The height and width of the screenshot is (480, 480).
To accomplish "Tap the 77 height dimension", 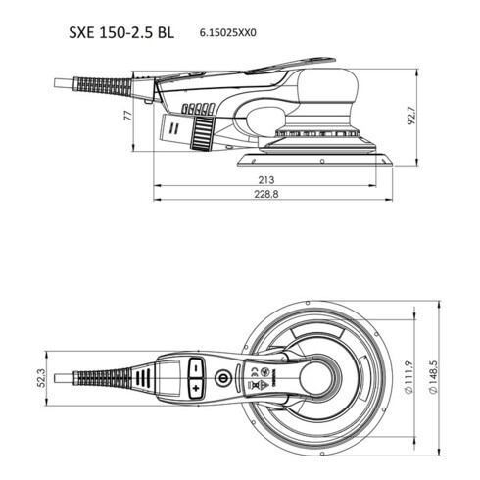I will [x=128, y=116].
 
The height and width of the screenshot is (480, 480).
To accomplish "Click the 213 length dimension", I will [x=264, y=181].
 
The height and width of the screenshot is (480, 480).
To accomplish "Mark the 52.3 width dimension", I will [x=40, y=377].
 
